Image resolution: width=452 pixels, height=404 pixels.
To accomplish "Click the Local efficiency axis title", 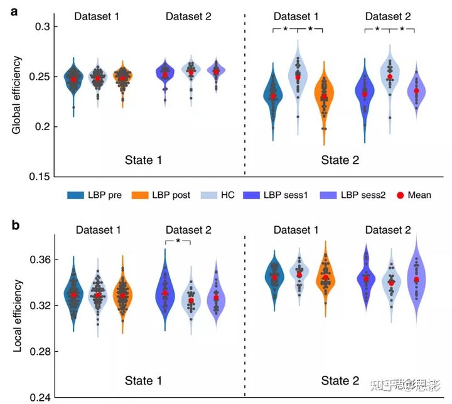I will click(x=17, y=314).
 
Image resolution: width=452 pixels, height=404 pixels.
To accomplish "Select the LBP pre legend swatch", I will click(x=77, y=195).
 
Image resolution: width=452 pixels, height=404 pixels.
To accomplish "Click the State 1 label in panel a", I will click(x=142, y=160).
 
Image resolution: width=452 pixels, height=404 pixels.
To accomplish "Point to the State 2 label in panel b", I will click(x=340, y=380).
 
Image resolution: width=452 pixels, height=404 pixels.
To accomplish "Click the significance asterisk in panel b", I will click(x=178, y=241).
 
